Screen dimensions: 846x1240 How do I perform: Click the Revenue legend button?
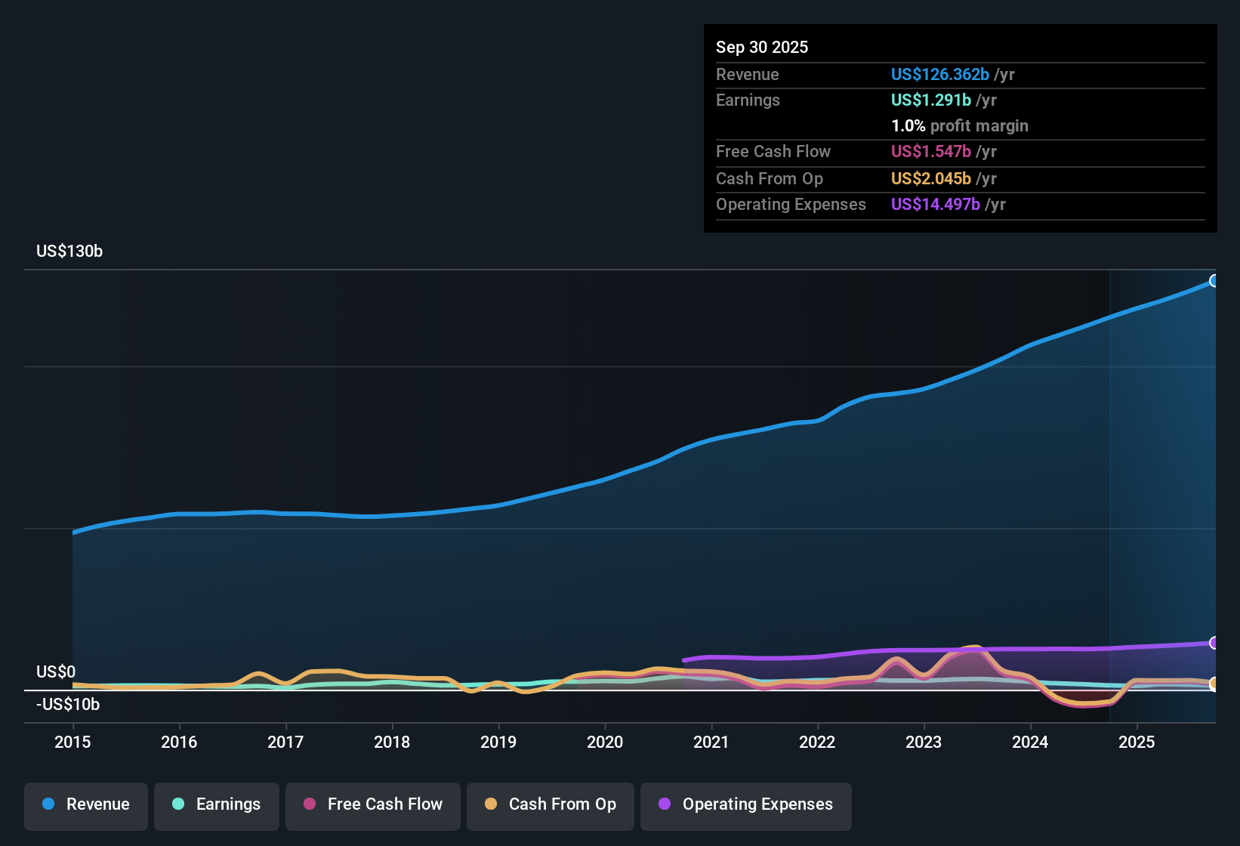click(86, 804)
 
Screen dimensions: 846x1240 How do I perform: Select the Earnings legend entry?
click(217, 804)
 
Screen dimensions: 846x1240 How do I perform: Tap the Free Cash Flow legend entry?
click(373, 804)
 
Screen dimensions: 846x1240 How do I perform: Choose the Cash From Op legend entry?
click(551, 804)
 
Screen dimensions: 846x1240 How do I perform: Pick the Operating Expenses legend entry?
click(746, 804)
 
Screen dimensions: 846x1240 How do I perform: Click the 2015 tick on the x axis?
click(72, 742)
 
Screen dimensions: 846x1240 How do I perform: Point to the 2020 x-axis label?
click(605, 742)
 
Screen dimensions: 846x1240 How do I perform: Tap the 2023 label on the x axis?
click(924, 742)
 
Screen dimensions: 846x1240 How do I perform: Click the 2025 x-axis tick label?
click(1137, 742)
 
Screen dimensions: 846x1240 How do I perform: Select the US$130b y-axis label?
click(69, 252)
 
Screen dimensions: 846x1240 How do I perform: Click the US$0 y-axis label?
click(56, 672)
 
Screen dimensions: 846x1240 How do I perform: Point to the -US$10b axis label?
click(68, 705)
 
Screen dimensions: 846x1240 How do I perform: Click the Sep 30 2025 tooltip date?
click(762, 48)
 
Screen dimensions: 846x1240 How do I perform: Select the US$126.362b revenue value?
click(940, 75)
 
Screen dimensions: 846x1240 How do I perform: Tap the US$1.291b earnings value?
click(931, 100)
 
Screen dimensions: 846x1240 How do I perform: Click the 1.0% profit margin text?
click(960, 126)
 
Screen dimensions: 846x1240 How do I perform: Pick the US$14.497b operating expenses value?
click(936, 205)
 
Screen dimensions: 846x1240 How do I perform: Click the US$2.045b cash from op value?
click(931, 179)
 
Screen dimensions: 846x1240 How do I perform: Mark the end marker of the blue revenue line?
click(1214, 281)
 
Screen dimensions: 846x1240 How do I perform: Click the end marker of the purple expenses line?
click(1214, 643)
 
